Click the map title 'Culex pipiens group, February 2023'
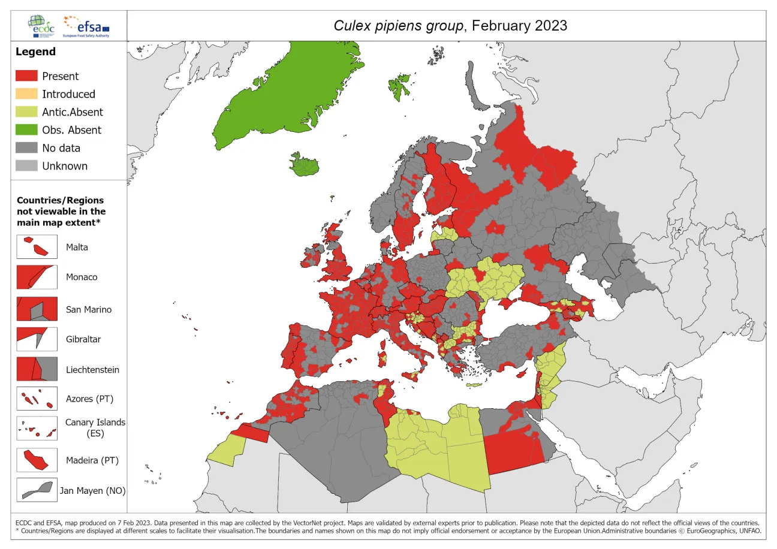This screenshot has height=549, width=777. [450, 26]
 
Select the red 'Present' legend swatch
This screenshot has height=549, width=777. [26, 76]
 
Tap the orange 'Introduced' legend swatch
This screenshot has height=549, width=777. [26, 94]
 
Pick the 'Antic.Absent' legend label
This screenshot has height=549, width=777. [72, 112]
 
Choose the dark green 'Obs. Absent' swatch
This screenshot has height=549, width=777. [26, 130]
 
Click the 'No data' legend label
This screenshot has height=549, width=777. [61, 148]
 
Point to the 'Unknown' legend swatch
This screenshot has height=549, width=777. [26, 166]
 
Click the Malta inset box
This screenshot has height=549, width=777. [37, 246]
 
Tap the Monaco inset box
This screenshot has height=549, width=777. [37, 277]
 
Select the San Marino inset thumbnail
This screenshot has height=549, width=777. [37, 309]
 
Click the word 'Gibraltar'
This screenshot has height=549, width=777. [83, 339]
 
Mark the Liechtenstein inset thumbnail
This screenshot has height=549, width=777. [37, 369]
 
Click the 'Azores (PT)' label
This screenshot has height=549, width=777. [89, 399]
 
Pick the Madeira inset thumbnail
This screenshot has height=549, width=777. [37, 460]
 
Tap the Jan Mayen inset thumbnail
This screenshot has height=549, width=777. [37, 490]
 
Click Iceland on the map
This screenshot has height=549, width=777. [305, 164]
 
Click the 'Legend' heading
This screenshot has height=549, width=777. [35, 52]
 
